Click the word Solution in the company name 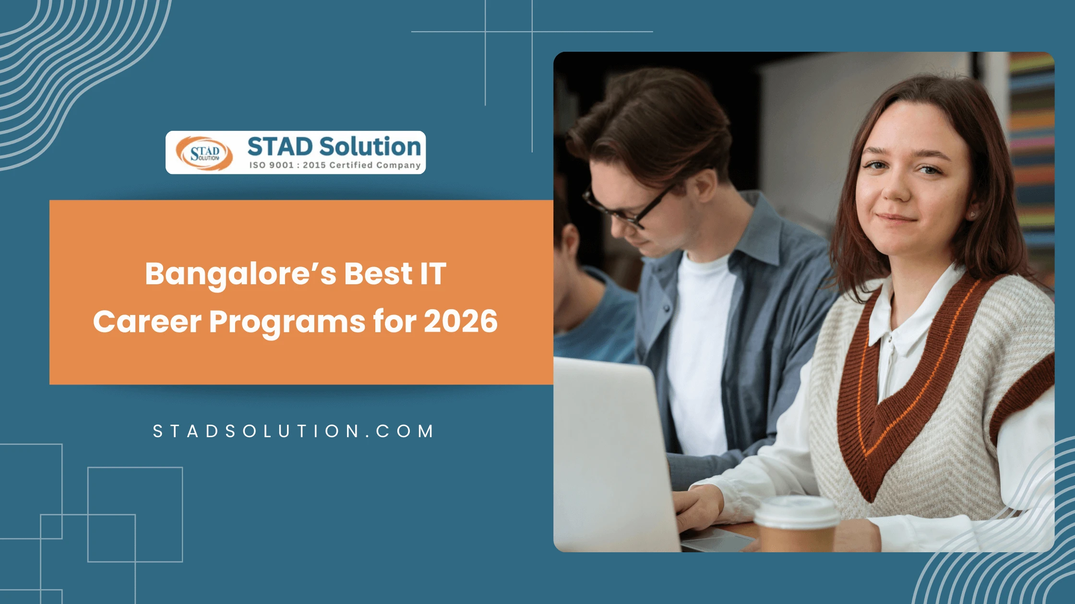coord(370,147)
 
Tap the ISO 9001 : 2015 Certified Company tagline coord(334,165)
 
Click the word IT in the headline coord(433,274)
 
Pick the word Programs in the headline coord(287,322)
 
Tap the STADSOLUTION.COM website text coord(294,431)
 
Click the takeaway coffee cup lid coord(797,511)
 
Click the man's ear coord(705,185)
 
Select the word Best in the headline coord(378,274)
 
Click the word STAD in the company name coord(280,147)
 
